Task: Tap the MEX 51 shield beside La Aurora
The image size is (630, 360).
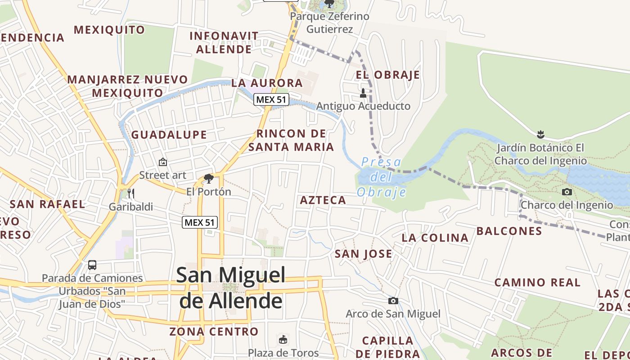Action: [271, 99]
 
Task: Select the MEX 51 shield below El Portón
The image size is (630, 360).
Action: [200, 222]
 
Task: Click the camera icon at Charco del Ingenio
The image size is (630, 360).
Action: [567, 192]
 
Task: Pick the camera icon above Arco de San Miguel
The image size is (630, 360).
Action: [393, 301]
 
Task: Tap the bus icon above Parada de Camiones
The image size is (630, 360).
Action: [92, 265]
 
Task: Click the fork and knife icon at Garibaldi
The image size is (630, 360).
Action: [131, 193]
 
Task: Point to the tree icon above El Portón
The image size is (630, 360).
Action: [208, 179]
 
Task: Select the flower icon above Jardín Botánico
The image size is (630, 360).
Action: [540, 134]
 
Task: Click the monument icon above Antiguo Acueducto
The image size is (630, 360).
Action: [363, 93]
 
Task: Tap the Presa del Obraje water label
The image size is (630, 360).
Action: [382, 177]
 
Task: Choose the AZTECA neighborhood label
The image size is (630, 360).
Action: [323, 200]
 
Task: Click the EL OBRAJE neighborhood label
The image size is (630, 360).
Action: [387, 75]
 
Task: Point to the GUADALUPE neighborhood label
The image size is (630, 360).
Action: [169, 135]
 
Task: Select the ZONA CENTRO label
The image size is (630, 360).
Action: [214, 332]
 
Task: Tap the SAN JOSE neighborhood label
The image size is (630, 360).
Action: [363, 254]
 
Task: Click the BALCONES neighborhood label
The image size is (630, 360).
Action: [509, 231]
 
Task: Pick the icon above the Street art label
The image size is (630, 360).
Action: [163, 162]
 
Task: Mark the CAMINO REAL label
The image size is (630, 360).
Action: [537, 283]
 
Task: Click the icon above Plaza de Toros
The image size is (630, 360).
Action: [283, 339]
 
